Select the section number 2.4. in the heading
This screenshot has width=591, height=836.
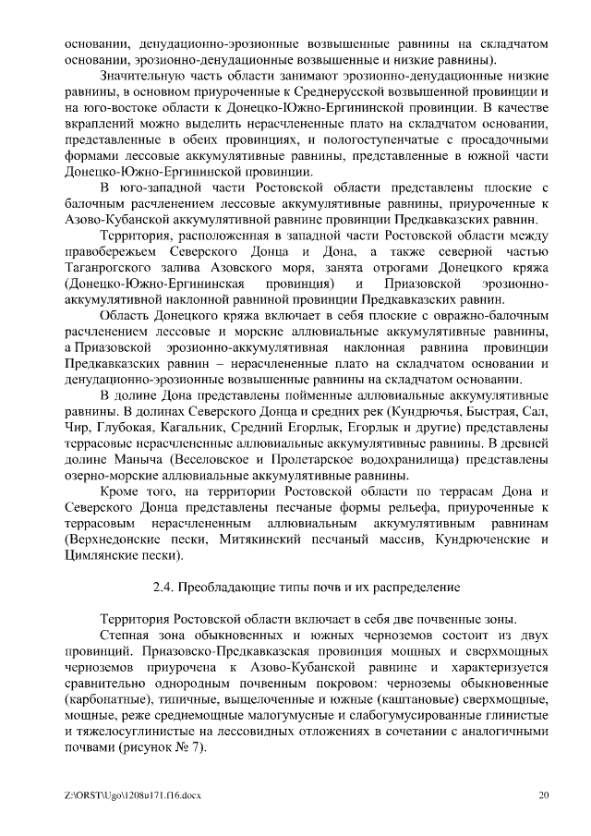165,587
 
